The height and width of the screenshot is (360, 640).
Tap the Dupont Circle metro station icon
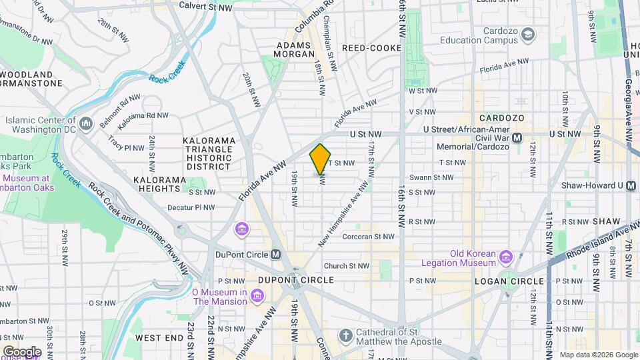276,254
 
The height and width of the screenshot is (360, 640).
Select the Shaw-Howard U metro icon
631,185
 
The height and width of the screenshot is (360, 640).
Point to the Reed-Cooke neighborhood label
371,48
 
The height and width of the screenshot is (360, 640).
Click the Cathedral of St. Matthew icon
345,335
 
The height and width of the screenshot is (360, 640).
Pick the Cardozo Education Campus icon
528,34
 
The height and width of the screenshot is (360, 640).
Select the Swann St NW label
431,177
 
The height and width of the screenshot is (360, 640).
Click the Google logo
22,351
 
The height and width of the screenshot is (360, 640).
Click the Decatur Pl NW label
191,207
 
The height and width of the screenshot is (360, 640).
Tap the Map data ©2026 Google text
598,355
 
